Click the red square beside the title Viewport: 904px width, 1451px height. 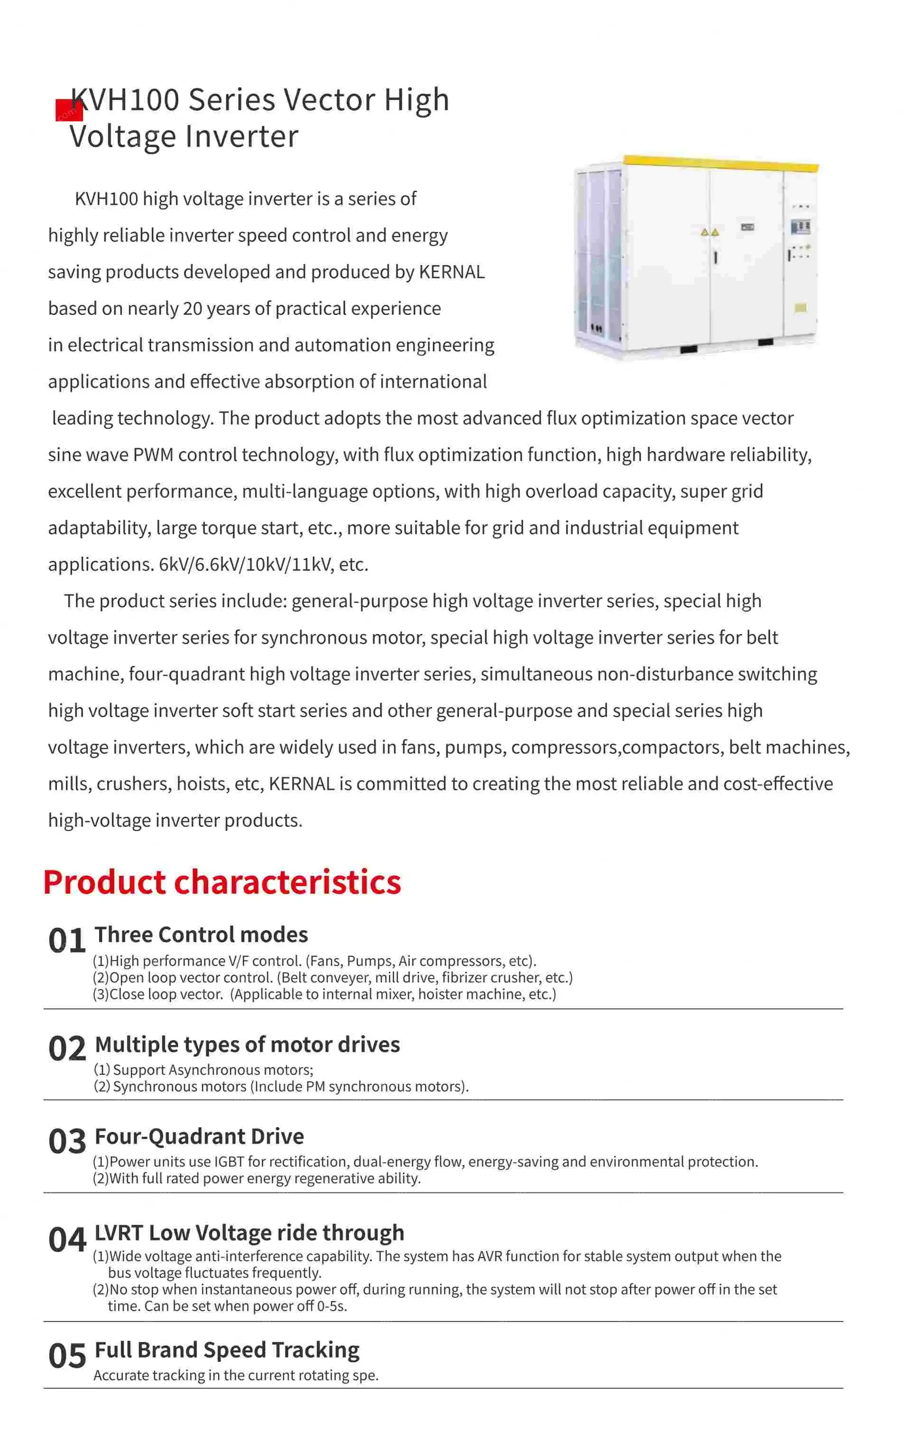point(69,111)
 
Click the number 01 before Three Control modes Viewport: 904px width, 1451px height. point(67,941)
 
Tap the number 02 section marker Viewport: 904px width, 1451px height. point(67,1049)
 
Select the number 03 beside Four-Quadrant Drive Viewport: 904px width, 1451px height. point(67,1142)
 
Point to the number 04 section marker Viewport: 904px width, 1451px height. point(67,1240)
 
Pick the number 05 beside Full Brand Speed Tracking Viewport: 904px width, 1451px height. point(67,1357)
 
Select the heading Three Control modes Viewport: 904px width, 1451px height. point(202,935)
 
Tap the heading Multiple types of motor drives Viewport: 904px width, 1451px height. point(248,1044)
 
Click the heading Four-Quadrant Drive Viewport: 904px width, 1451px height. point(200,1137)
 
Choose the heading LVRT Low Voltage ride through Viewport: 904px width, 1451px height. point(249,1233)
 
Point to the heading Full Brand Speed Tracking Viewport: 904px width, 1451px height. point(227,1350)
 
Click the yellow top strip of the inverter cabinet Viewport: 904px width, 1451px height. point(720,163)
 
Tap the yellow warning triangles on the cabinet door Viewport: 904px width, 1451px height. point(710,232)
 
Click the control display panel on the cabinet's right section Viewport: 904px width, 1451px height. point(800,227)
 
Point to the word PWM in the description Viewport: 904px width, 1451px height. point(153,455)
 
